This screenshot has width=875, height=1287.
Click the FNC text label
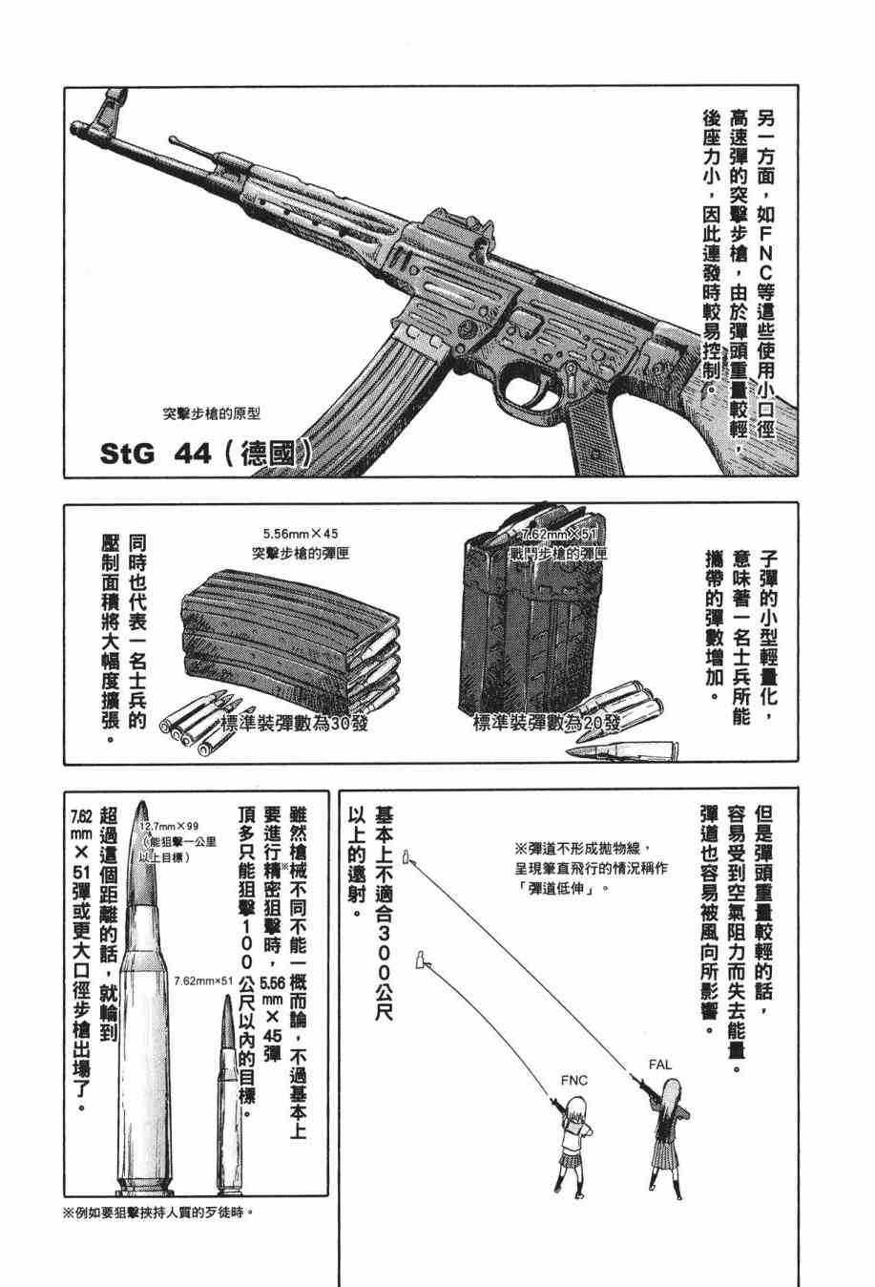(574, 1080)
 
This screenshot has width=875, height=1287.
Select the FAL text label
(660, 1064)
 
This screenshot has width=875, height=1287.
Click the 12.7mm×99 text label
(168, 827)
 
